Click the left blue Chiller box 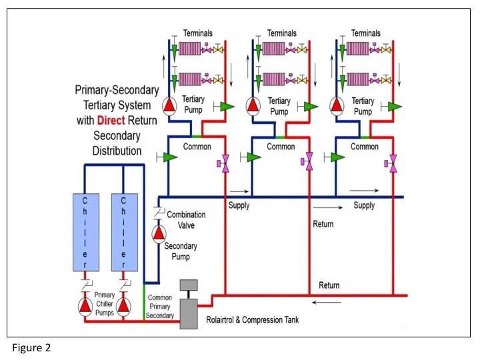85,232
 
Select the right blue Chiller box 125,232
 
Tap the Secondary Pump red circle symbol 159,233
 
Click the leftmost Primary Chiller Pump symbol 85,305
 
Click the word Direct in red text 116,121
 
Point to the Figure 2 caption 31,347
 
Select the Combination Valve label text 186,219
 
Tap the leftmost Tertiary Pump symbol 169,105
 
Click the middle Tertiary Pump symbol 252,105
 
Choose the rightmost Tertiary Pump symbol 337,105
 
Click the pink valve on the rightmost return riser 393,161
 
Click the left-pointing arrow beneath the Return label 327,301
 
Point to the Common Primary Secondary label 160,307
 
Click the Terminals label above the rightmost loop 365,33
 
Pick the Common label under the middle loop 281,146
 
